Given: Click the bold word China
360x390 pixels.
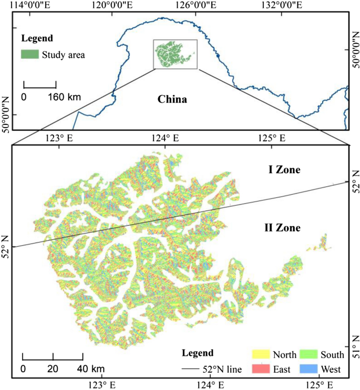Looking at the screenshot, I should tap(172, 99).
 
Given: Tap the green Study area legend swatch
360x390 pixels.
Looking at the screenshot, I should tap(29, 54).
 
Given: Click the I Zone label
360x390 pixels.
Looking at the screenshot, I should tap(281, 170).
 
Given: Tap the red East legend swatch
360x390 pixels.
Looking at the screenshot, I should tap(261, 369).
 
